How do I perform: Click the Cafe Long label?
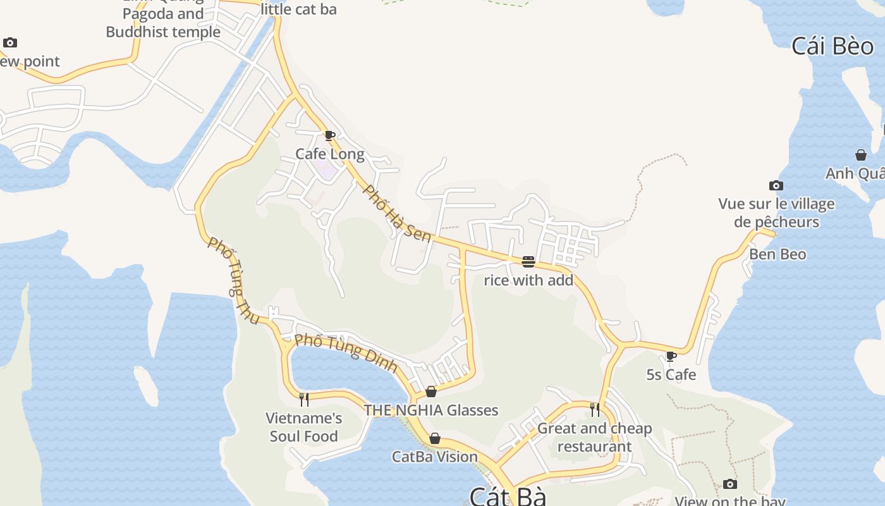[x=330, y=154]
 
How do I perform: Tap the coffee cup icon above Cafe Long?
[x=329, y=135]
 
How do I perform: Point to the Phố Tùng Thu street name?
[x=233, y=281]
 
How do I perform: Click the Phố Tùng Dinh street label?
[x=346, y=352]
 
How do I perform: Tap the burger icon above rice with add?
[x=528, y=261]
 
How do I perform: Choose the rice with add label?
[x=528, y=280]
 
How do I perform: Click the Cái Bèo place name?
[x=833, y=46]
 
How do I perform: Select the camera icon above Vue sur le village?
[x=776, y=185]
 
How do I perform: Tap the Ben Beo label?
[x=778, y=254]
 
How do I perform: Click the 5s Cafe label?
[x=671, y=374]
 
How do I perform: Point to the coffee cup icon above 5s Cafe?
[x=671, y=357]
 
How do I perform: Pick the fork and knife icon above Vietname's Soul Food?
[x=304, y=399]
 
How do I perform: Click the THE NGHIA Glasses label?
[x=431, y=410]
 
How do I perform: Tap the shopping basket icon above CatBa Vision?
[x=435, y=438]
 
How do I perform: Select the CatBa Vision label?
[x=435, y=457]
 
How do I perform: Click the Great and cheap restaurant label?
[x=594, y=437]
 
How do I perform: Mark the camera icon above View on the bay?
[x=730, y=484]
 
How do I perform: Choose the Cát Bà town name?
[x=508, y=496]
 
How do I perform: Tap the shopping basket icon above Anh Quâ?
[x=860, y=155]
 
